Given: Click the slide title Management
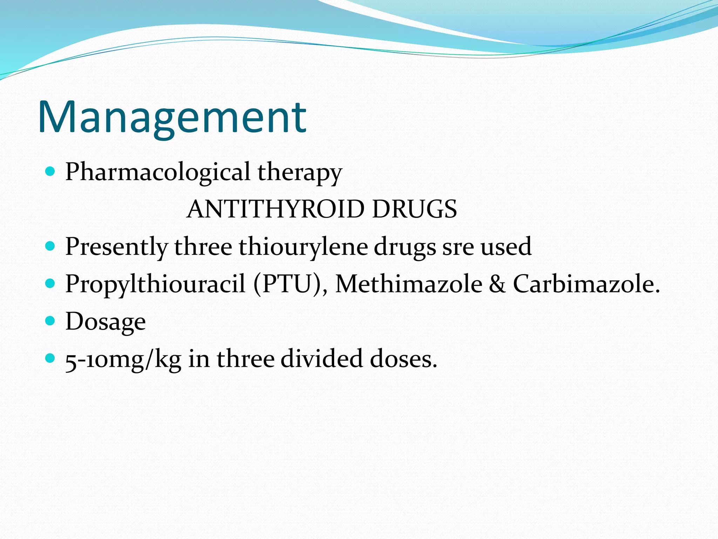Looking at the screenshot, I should click(x=172, y=118).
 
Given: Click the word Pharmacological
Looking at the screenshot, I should click(x=158, y=172).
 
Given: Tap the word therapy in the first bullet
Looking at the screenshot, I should click(x=300, y=173).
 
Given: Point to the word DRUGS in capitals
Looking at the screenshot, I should click(x=414, y=209).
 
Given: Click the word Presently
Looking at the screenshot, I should click(x=116, y=247).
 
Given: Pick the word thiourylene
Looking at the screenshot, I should click(x=303, y=247).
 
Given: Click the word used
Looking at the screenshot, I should click(x=506, y=246).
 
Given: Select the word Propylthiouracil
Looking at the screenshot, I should click(x=155, y=284).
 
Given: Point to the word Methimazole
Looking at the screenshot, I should click(x=409, y=284).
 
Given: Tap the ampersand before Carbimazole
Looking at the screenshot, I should click(x=497, y=284).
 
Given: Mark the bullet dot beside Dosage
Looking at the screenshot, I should click(x=50, y=320).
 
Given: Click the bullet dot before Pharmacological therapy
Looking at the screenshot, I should click(x=50, y=171).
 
